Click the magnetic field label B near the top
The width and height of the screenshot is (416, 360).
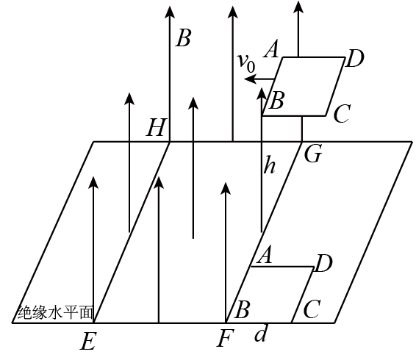[183, 38]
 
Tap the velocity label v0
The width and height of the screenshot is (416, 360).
[246, 62]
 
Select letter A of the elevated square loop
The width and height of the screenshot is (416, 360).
[271, 48]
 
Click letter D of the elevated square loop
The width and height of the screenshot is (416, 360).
[355, 58]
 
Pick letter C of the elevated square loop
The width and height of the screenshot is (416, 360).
[342, 114]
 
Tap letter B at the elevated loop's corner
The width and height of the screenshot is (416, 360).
[276, 100]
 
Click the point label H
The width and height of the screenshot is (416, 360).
[157, 127]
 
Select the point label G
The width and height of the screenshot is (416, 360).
[313, 154]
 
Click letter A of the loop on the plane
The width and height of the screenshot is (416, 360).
[265, 255]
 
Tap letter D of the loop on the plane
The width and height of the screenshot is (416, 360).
[323, 264]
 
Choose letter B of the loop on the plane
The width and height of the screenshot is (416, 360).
[242, 309]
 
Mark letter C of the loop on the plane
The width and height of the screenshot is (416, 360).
[312, 309]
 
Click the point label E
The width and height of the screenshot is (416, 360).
[87, 341]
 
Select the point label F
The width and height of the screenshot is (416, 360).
[226, 338]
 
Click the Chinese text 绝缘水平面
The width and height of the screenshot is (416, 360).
[56, 312]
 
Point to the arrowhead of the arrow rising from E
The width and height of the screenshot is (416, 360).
[93, 182]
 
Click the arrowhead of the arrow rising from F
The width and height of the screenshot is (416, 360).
[226, 188]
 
